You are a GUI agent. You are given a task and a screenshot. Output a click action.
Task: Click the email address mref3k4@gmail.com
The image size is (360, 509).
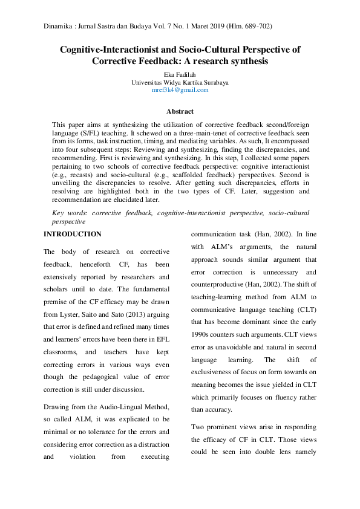tap(180, 89)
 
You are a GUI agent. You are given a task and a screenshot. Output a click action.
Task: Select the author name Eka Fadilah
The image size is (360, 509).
tap(180, 74)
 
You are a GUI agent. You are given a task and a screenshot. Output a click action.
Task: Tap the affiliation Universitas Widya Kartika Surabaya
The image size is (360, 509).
tap(180, 82)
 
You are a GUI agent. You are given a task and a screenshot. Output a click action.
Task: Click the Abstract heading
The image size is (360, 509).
tap(180, 111)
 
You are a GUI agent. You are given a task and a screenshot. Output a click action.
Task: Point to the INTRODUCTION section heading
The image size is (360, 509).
tap(73, 234)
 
